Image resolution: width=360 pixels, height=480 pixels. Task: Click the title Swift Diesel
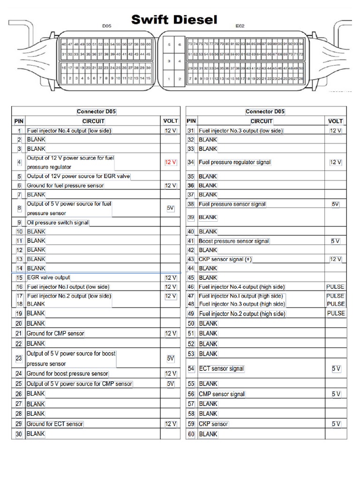(174, 20)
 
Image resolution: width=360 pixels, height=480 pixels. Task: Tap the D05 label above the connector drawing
(107, 27)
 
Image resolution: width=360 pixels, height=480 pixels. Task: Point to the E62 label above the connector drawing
(240, 27)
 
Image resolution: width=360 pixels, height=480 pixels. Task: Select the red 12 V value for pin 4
(171, 162)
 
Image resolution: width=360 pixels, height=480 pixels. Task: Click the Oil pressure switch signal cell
(58, 223)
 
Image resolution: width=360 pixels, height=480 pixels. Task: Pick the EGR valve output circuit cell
(48, 277)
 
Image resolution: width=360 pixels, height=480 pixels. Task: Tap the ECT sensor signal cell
(221, 369)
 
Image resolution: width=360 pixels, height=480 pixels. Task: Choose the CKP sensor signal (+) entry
(225, 259)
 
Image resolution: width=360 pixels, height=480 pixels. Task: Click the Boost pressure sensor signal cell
(234, 241)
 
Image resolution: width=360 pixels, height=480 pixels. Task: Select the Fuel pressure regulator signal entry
(234, 162)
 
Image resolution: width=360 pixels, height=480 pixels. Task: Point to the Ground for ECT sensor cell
(55, 424)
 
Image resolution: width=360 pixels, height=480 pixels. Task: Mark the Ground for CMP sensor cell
(56, 334)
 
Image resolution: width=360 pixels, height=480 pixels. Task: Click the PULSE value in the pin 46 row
(335, 286)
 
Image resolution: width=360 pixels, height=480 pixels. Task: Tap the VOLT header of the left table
(171, 121)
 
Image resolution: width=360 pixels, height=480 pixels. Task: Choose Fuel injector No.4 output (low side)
(69, 131)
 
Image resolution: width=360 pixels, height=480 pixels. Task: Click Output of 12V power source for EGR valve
(78, 176)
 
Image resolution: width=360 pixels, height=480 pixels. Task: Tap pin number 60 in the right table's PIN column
(191, 434)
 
